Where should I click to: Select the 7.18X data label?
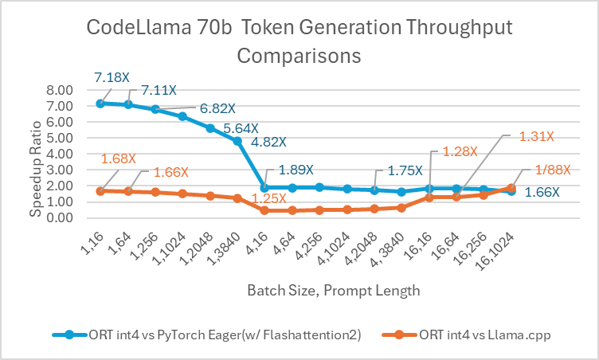112,77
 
